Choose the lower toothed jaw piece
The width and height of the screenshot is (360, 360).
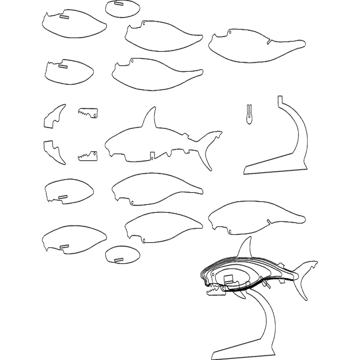pyautogui.click(x=88, y=156)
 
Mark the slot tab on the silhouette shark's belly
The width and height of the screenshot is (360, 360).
pyautogui.click(x=152, y=156)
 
